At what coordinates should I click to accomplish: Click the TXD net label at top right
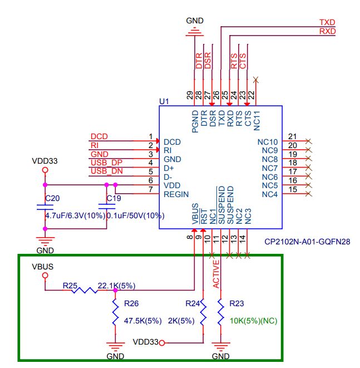(327, 22)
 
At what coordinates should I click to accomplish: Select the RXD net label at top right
(327, 32)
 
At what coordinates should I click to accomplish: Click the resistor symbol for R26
(115, 313)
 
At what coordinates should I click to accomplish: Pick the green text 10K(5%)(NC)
(253, 321)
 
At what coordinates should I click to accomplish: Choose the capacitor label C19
(114, 198)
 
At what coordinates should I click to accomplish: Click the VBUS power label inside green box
(43, 266)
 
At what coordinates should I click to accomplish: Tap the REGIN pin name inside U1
(176, 194)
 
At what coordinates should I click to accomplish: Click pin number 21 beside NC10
(292, 137)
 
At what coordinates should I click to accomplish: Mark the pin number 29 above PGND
(191, 95)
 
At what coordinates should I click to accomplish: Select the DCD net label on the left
(99, 136)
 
